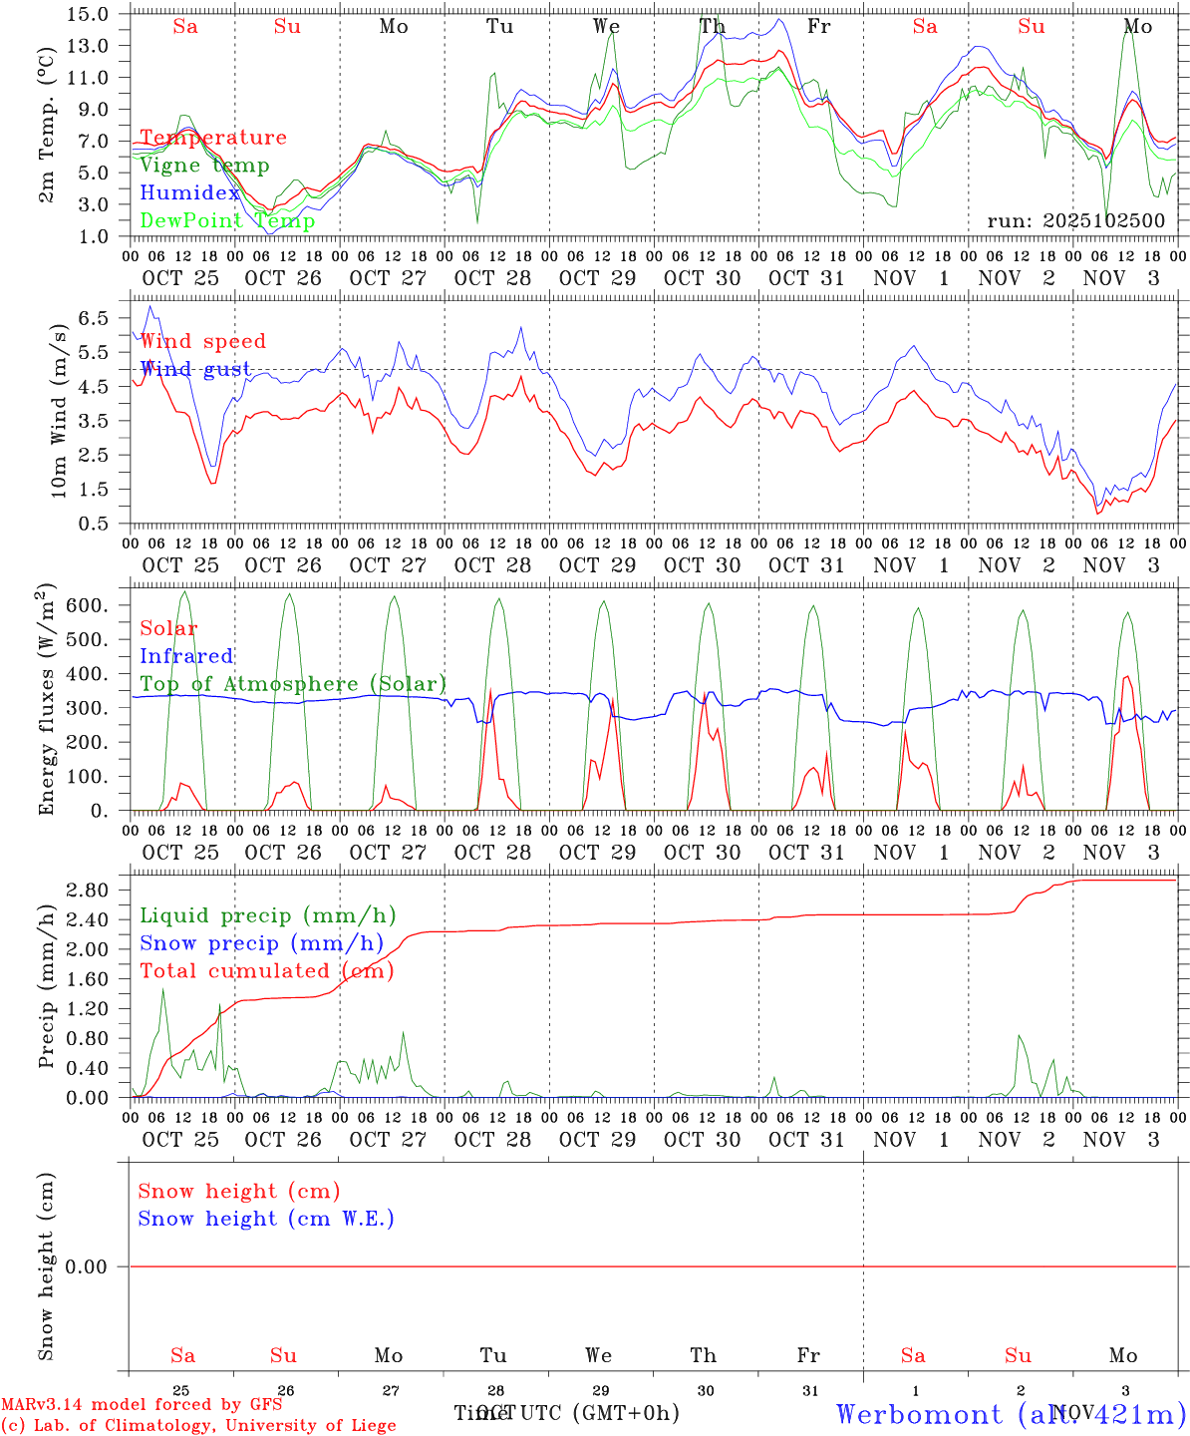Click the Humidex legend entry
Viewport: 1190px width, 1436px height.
coord(190,193)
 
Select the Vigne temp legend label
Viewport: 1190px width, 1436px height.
coord(204,166)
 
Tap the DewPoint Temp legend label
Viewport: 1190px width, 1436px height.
coord(227,220)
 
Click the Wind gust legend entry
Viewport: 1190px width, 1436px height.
coord(195,369)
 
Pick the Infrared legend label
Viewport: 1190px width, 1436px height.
coord(186,656)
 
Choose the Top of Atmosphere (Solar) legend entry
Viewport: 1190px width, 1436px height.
coord(293,684)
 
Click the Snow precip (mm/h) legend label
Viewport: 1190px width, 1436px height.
coord(261,943)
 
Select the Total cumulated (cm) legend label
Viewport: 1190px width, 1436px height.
coord(266,970)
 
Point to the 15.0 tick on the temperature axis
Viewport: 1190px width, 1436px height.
coord(90,14)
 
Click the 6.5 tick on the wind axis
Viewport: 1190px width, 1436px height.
coord(94,318)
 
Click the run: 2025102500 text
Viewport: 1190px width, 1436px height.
coord(1075,221)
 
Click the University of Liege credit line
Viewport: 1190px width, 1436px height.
coord(198,1426)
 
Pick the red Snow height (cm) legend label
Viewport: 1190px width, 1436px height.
coord(239,1191)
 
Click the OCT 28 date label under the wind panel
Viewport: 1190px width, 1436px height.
coord(492,565)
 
